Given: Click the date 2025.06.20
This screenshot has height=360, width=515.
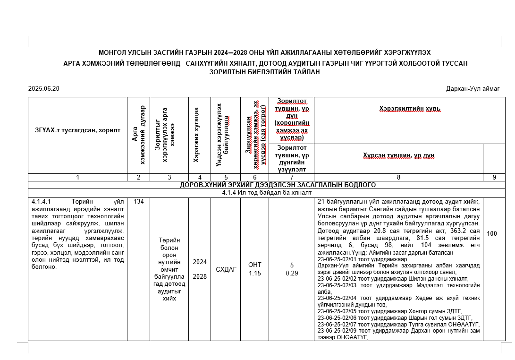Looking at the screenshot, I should tap(44, 89).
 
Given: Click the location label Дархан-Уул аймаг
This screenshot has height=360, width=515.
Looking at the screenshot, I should tap(472, 89).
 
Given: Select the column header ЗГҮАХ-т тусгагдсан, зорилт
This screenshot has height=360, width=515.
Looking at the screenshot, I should tap(77, 130).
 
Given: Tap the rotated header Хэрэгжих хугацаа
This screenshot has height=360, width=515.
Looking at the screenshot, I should tap(196, 135).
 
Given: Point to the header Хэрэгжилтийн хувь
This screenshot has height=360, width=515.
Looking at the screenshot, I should tap(409, 109).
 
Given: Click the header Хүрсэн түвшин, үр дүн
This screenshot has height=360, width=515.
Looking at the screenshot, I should tap(398, 155).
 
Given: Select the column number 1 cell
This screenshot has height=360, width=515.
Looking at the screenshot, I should tap(77, 177).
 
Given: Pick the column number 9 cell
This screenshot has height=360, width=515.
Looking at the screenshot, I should tap(494, 177).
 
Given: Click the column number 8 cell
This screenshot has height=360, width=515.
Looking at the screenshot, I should tap(398, 177).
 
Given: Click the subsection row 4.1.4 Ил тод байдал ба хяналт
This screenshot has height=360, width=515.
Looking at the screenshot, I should tap(267, 193).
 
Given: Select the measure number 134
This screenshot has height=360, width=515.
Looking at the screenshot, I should tap(138, 202).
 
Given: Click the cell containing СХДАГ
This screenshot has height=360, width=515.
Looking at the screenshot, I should tap(226, 269).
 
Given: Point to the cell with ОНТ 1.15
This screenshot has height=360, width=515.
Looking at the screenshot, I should tap(254, 269).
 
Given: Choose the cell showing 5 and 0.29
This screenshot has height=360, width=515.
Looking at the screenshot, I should tap(291, 269).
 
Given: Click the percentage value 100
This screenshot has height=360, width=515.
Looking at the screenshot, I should tap(491, 233).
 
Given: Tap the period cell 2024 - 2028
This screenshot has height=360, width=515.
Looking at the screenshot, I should tap(200, 269).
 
